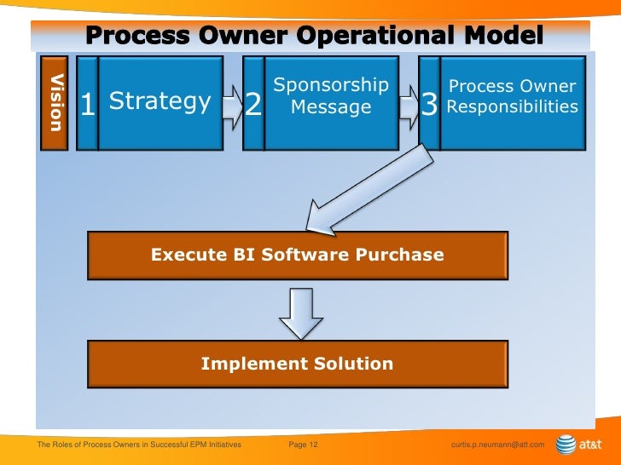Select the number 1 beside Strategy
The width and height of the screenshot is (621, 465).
pyautogui.click(x=87, y=106)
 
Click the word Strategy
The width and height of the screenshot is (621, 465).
pyautogui.click(x=160, y=102)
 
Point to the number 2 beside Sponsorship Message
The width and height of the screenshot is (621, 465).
pyautogui.click(x=253, y=106)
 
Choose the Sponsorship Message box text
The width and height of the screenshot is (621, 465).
pyautogui.click(x=331, y=96)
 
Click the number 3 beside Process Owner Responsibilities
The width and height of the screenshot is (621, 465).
pyautogui.click(x=429, y=106)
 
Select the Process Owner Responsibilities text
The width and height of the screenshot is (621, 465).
pyautogui.click(x=512, y=96)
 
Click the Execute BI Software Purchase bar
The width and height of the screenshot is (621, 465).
pyautogui.click(x=297, y=255)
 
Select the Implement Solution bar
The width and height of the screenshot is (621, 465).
pyautogui.click(x=297, y=364)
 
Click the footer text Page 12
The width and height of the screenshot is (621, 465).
pyautogui.click(x=304, y=445)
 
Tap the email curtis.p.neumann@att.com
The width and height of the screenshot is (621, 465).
pyautogui.click(x=496, y=445)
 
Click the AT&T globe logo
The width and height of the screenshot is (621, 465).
pyautogui.click(x=566, y=445)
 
